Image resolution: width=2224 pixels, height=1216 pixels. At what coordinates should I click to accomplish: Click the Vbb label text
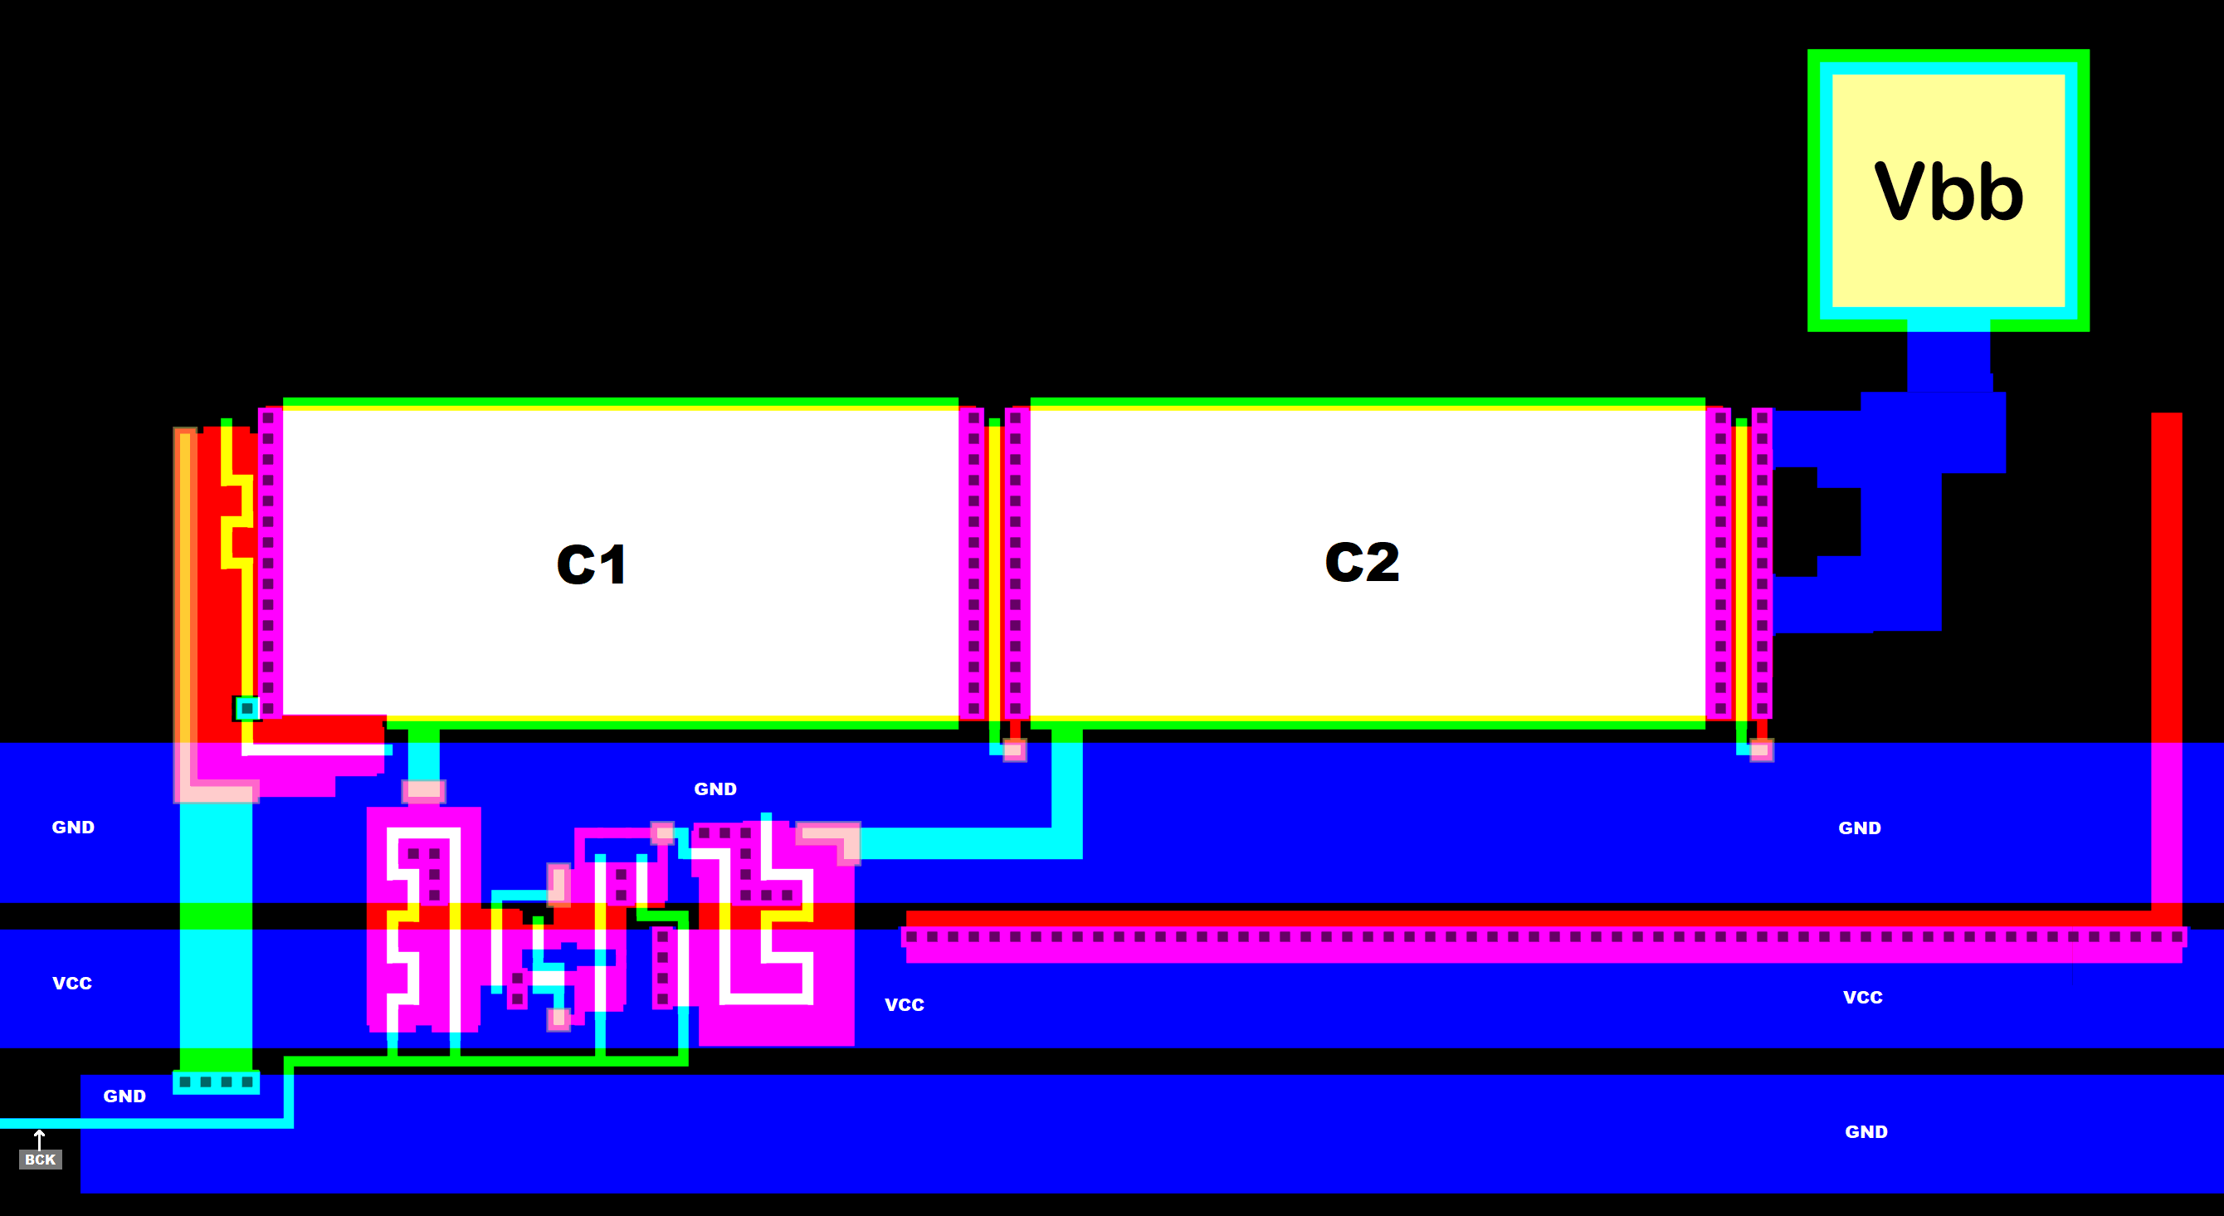coord(1948,192)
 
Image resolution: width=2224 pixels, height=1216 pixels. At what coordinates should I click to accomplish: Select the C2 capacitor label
coord(1362,562)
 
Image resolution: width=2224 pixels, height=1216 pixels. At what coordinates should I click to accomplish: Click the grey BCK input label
coord(40,1159)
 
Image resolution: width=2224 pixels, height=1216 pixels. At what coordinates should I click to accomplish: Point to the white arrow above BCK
coord(39,1138)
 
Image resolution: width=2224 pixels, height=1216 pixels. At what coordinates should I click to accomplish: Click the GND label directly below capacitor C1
coord(715,789)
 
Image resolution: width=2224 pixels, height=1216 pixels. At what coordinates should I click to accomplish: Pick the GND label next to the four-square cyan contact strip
coord(124,1096)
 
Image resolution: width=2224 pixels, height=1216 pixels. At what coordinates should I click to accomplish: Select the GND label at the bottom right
coord(1866,1131)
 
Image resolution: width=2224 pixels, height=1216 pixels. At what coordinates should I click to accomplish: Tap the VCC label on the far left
coord(71,983)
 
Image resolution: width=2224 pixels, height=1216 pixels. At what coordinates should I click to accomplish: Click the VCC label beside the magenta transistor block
coord(904,1004)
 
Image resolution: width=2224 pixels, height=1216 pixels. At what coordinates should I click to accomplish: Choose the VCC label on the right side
coord(1862,997)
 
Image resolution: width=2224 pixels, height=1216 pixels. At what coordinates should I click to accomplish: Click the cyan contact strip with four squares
coord(216,1082)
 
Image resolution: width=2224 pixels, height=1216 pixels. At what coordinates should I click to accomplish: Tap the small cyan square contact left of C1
coord(247,708)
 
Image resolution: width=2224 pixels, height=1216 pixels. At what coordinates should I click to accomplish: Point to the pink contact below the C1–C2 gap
coord(1014,750)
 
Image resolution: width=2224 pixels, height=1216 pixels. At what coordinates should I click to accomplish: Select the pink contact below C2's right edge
coord(1760,750)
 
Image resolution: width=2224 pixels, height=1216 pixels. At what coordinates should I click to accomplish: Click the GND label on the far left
coord(72,827)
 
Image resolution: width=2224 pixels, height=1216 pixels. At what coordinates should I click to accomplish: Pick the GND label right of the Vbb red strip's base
coord(1859,828)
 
